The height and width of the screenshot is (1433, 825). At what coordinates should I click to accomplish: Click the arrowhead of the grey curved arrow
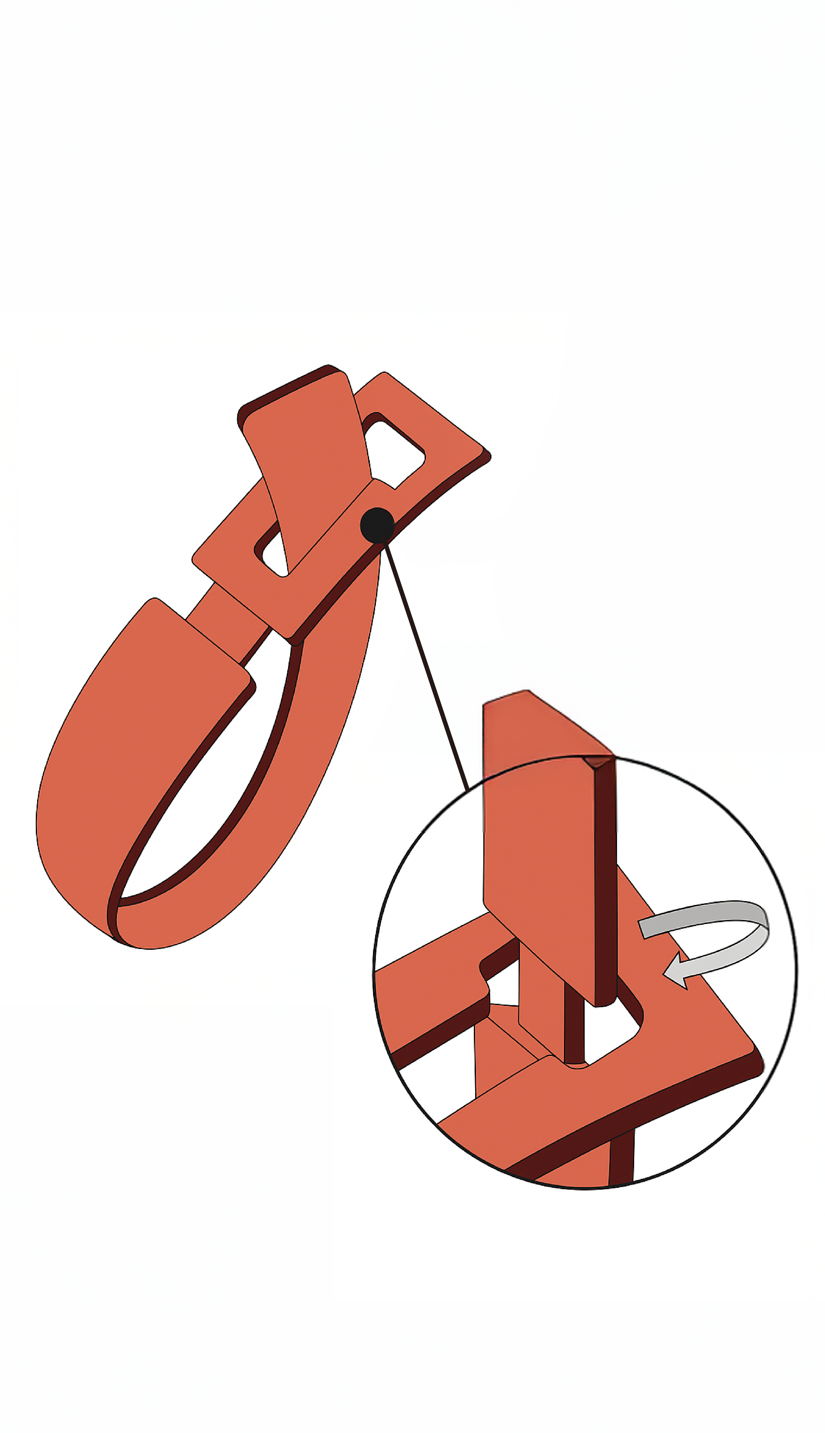674,972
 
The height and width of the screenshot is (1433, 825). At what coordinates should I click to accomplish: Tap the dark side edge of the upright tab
605,878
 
